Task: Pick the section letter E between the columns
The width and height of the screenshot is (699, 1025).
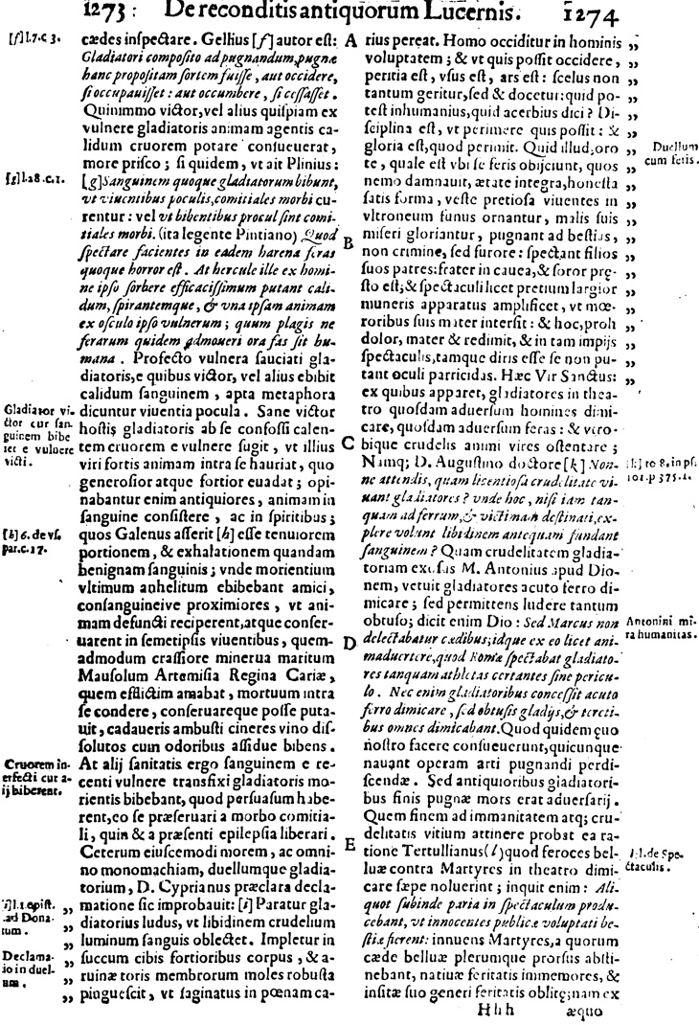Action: tap(349, 843)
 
